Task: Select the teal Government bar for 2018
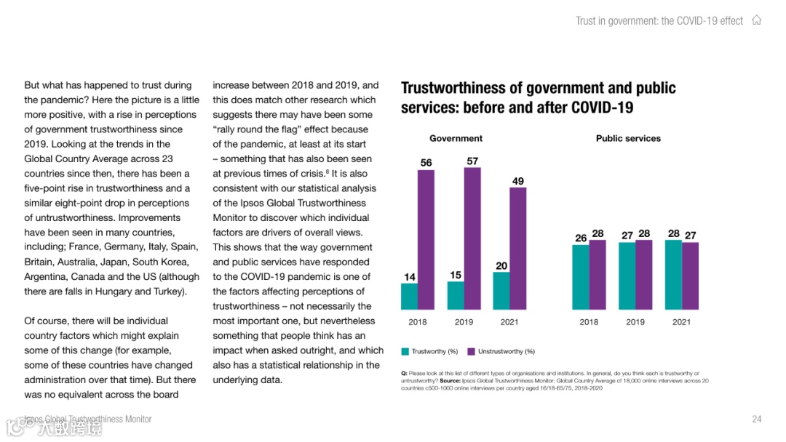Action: (x=409, y=297)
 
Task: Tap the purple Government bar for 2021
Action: (x=517, y=249)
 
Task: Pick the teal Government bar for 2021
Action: (x=501, y=291)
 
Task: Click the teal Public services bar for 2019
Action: (x=627, y=276)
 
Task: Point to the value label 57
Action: (x=472, y=161)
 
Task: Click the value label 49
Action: (x=517, y=181)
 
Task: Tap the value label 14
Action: (x=410, y=277)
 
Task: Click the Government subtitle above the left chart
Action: (x=456, y=138)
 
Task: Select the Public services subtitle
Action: (x=628, y=138)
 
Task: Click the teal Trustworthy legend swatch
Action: (x=405, y=352)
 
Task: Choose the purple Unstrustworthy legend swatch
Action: (x=472, y=352)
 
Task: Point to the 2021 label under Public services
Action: (x=681, y=322)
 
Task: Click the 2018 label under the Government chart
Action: (x=418, y=322)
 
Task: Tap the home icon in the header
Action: (x=757, y=20)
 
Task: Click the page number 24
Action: (x=756, y=419)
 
